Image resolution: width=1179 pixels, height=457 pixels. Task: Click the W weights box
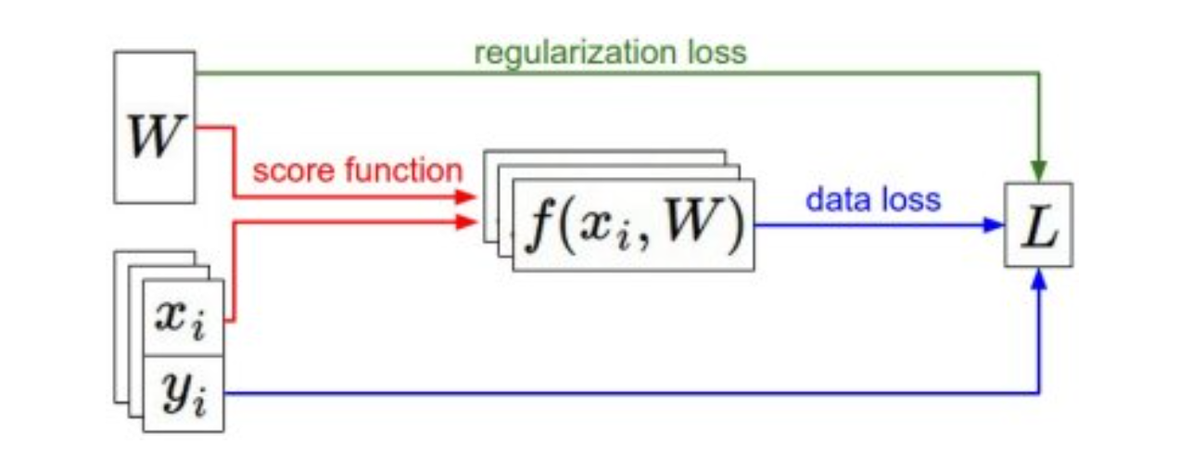pyautogui.click(x=154, y=127)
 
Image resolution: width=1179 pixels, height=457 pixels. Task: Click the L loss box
pyautogui.click(x=1039, y=225)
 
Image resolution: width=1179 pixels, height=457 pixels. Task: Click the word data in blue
pyautogui.click(x=834, y=198)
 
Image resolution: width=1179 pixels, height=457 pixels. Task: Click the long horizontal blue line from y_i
pyautogui.click(x=630, y=393)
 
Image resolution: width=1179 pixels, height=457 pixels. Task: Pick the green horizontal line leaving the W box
pyautogui.click(x=612, y=73)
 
